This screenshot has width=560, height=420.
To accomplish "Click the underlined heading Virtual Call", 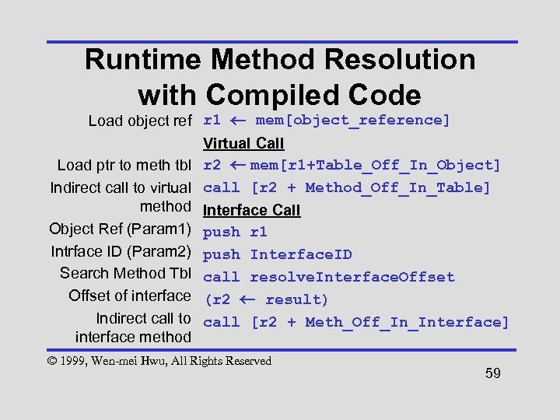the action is click(x=243, y=143).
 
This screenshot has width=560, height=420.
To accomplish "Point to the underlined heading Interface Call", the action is click(x=251, y=210).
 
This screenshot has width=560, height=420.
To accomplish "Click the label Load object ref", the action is click(x=140, y=121).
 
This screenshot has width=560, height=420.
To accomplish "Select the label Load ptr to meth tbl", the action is click(x=124, y=165).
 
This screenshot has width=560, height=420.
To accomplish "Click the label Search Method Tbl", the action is click(x=125, y=273).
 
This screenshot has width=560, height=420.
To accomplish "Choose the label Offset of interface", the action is click(x=129, y=296).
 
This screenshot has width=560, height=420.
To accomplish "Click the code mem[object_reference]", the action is click(x=352, y=120).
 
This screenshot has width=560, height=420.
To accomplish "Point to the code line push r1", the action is click(x=235, y=232).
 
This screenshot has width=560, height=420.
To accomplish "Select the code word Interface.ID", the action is click(x=301, y=254).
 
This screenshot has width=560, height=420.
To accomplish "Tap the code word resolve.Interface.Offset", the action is click(x=352, y=277).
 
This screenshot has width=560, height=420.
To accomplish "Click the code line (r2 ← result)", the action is click(x=266, y=299).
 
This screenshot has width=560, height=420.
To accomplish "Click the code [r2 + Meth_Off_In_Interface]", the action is click(x=380, y=322).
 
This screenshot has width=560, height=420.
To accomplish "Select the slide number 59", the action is click(x=492, y=373).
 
